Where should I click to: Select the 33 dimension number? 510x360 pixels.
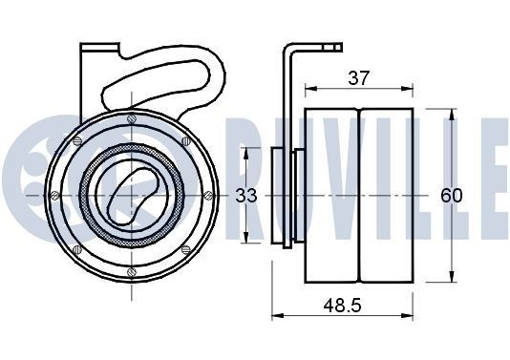(x=246, y=196)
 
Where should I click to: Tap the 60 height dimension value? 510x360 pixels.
(x=451, y=196)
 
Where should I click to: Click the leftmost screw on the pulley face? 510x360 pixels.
(x=53, y=196)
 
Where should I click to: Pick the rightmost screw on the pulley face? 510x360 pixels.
(x=207, y=196)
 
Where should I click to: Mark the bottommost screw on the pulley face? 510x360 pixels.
(x=131, y=272)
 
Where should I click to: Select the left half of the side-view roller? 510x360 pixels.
(x=331, y=196)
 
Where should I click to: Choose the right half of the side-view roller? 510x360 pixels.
(x=386, y=196)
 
